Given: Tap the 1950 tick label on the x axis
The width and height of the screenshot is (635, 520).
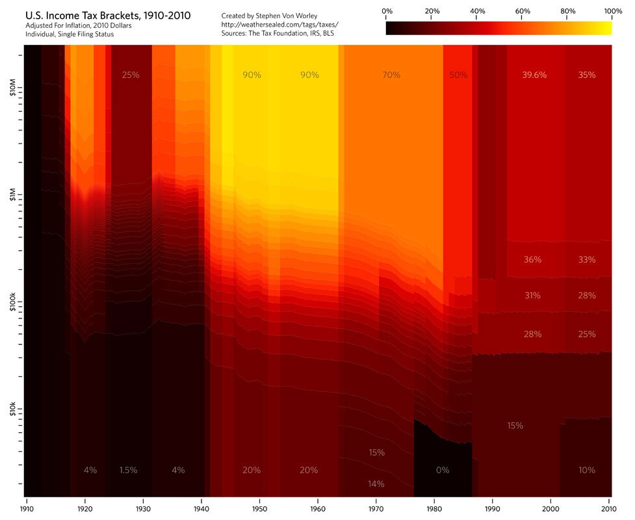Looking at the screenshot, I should point(259,502).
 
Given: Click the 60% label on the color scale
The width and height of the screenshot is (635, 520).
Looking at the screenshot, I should point(522,12).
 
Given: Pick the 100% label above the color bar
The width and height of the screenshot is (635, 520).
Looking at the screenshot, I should point(612,12).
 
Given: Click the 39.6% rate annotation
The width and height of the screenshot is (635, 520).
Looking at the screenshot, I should point(534,75).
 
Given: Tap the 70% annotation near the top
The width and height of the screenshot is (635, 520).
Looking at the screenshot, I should point(391,75).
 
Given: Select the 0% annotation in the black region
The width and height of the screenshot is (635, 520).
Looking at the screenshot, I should point(443,470).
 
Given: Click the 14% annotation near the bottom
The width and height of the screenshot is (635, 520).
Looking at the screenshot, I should point(376,484).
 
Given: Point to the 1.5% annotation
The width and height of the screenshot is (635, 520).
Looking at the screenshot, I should point(129,470).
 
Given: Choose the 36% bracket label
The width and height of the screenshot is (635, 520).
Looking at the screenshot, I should point(532,259).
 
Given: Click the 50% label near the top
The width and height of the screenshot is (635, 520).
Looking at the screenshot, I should point(458,75).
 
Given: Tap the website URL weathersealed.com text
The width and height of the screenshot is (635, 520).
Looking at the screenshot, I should point(280,24).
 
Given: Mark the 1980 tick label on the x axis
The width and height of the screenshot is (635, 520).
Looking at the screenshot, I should point(434,502).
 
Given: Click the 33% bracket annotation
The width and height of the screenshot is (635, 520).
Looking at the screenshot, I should point(586,259).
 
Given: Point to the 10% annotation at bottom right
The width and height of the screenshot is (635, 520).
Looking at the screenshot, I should point(586,470).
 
